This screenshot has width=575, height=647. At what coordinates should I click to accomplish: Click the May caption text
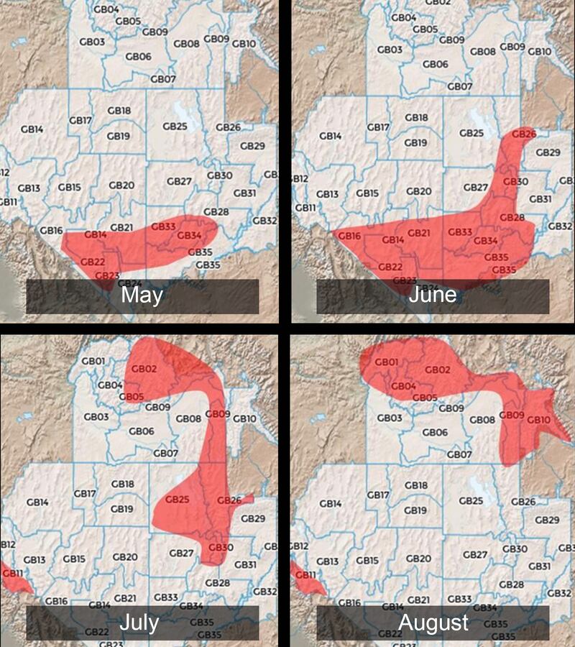(x=142, y=296)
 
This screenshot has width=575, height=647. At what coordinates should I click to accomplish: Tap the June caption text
(x=433, y=295)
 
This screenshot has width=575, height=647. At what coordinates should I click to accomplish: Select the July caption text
(x=139, y=623)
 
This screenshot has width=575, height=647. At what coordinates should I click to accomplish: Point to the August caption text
(x=433, y=623)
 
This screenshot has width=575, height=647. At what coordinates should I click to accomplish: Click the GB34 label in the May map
(x=189, y=236)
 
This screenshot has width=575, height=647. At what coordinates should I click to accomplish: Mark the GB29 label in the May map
(x=252, y=146)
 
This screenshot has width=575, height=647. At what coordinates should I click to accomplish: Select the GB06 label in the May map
(x=138, y=56)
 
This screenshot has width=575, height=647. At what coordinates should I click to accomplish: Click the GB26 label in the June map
(x=524, y=134)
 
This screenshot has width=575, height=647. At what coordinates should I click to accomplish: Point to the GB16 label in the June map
(x=349, y=236)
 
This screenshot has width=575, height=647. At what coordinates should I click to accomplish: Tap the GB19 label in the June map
(x=415, y=142)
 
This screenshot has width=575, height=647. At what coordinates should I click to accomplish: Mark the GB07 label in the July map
(x=165, y=454)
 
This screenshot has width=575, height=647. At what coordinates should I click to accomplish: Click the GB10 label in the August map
(x=538, y=420)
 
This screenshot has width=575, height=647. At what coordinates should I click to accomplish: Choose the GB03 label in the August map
(x=389, y=418)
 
